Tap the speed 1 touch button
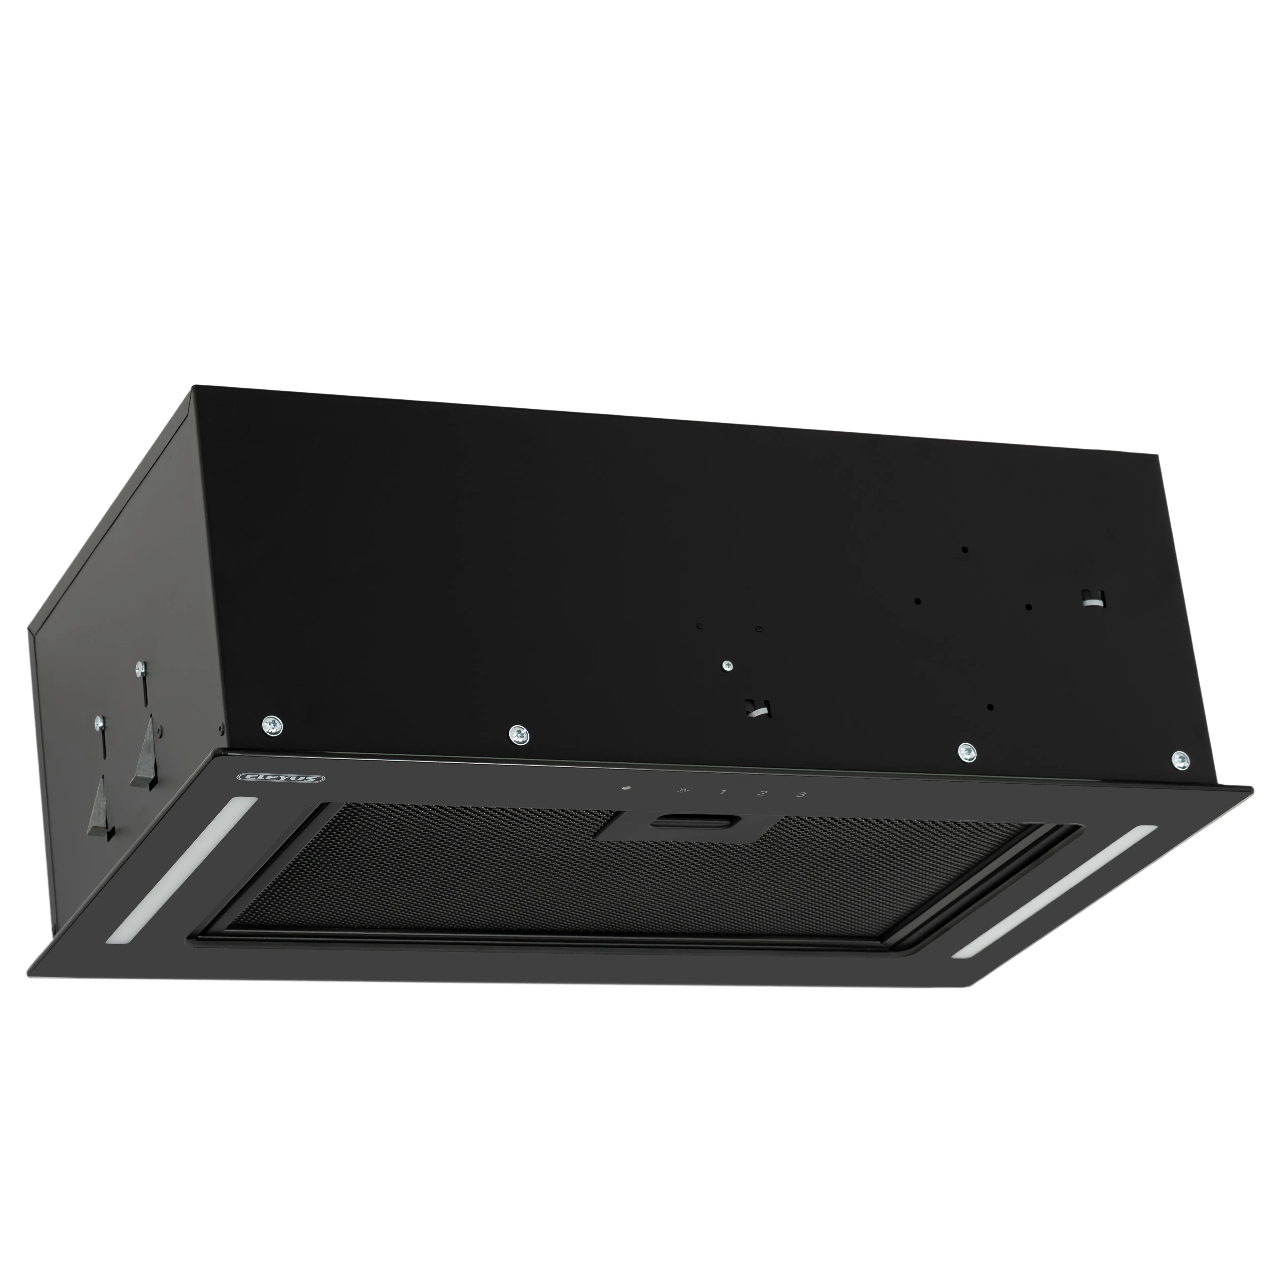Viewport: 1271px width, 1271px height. pos(723,792)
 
